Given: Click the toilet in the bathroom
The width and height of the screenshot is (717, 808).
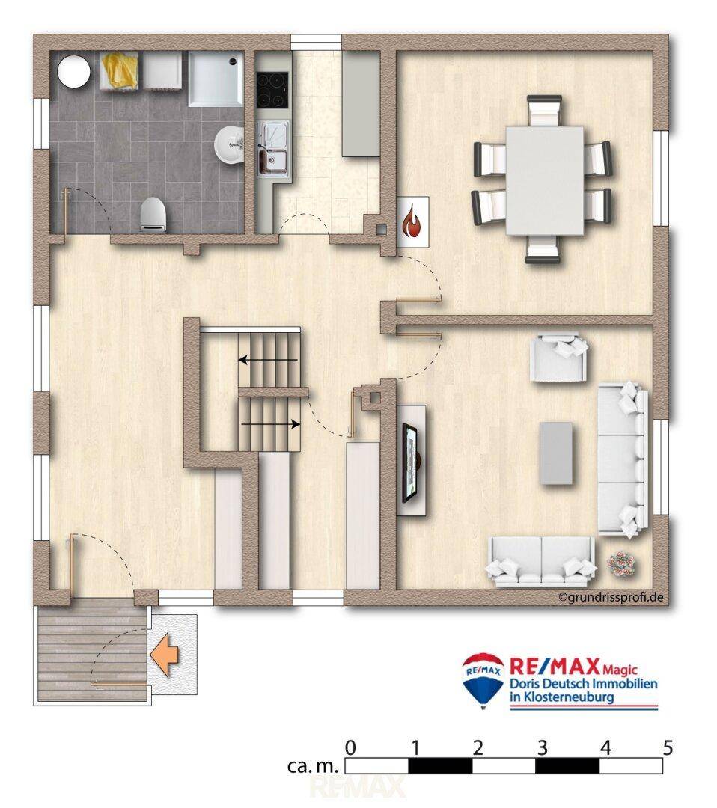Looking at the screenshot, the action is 153,215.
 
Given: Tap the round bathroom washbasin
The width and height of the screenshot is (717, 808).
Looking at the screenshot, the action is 229,145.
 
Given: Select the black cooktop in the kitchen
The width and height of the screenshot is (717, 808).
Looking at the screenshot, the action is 272,90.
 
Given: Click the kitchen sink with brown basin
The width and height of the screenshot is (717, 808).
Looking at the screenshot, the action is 272,160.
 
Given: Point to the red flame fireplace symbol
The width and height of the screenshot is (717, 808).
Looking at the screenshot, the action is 413,221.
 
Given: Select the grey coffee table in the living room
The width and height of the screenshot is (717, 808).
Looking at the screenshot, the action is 556,453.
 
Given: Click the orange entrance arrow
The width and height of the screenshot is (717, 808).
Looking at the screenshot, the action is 165,655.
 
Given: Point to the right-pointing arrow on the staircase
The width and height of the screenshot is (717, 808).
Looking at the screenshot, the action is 271,425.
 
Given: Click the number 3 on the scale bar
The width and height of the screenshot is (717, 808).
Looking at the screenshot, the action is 542,748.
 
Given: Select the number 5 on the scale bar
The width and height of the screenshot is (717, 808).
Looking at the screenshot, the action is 668,748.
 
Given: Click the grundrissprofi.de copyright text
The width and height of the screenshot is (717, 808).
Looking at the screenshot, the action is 611,597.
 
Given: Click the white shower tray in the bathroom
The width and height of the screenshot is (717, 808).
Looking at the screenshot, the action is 216,79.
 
